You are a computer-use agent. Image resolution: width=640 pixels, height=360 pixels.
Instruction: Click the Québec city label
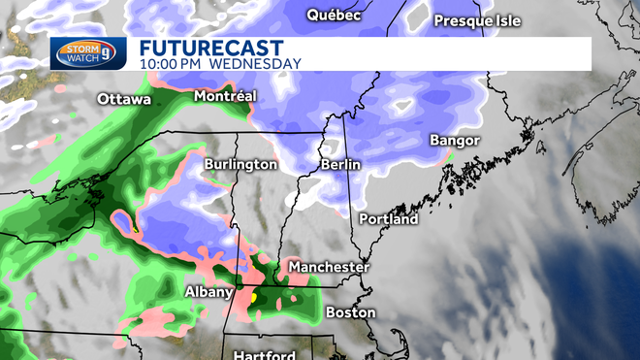[334, 15]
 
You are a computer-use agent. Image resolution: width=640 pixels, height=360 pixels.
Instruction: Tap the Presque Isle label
[476, 20]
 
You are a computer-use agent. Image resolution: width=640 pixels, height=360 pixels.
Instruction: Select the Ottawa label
[123, 100]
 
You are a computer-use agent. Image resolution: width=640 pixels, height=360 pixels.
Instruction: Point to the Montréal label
[225, 97]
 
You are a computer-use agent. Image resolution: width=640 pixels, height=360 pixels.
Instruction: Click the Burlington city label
[240, 165]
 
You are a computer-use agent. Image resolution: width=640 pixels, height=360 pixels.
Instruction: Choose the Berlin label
[340, 166]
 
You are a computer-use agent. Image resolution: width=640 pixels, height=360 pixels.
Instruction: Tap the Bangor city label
[455, 141]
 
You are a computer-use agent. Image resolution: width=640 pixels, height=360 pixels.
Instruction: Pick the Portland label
[388, 219]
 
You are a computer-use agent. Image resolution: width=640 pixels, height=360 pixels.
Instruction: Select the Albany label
[208, 292]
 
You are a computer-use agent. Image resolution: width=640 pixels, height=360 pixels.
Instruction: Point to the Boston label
[350, 312]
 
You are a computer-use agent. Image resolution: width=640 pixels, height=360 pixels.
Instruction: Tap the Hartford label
[264, 355]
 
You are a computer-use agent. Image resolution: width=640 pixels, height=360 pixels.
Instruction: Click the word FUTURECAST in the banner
[210, 48]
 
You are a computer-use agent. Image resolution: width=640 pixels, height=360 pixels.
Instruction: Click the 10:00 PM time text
[168, 64]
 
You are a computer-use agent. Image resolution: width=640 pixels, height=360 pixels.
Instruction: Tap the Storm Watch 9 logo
[88, 52]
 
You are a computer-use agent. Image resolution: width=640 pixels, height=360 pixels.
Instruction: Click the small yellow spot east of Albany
[253, 299]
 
